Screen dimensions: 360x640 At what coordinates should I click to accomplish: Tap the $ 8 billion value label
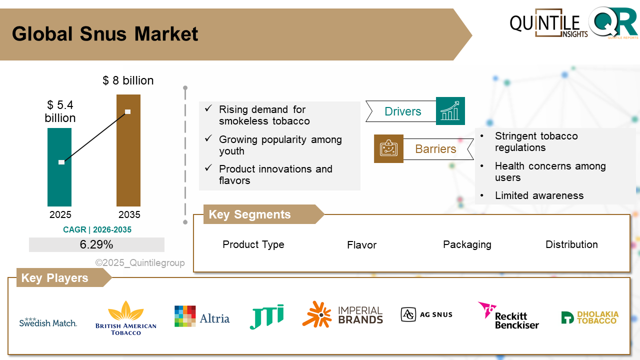coord(128,80)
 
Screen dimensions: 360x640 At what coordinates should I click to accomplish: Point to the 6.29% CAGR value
coord(96,244)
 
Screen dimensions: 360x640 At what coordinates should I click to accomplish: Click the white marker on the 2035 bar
coord(128,111)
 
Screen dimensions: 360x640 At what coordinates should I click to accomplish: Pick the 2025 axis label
coord(60,215)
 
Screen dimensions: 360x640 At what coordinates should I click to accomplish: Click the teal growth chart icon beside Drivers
coord(450,111)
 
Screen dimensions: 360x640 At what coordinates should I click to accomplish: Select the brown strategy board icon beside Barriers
coord(388,148)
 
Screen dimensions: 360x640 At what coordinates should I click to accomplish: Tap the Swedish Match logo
coord(48,322)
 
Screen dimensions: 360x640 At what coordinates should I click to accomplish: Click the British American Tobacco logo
coord(126,318)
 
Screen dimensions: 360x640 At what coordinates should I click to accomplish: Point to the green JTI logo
coord(266,316)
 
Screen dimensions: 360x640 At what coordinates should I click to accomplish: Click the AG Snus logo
coord(426,314)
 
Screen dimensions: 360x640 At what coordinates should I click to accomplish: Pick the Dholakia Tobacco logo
coord(589,317)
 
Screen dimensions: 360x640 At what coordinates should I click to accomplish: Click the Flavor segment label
coord(361,245)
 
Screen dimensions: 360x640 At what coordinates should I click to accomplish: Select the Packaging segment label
coord(467,244)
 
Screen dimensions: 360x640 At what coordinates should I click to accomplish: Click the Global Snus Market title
coord(105,34)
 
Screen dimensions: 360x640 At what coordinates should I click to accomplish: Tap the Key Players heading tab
coord(55,278)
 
